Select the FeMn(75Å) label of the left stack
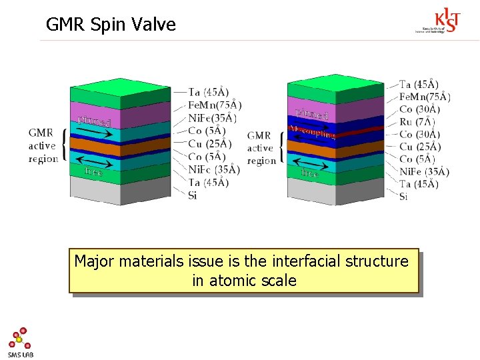point(215,105)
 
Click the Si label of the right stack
point(403,196)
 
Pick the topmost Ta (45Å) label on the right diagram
point(419,84)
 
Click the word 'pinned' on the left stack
point(94,121)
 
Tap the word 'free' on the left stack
point(94,171)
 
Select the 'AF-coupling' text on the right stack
point(311,131)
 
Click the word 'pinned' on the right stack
point(311,114)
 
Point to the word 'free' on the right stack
point(310,173)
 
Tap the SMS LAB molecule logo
point(21,342)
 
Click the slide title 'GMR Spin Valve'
point(111,25)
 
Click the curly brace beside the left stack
point(65,145)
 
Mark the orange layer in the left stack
point(120,143)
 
